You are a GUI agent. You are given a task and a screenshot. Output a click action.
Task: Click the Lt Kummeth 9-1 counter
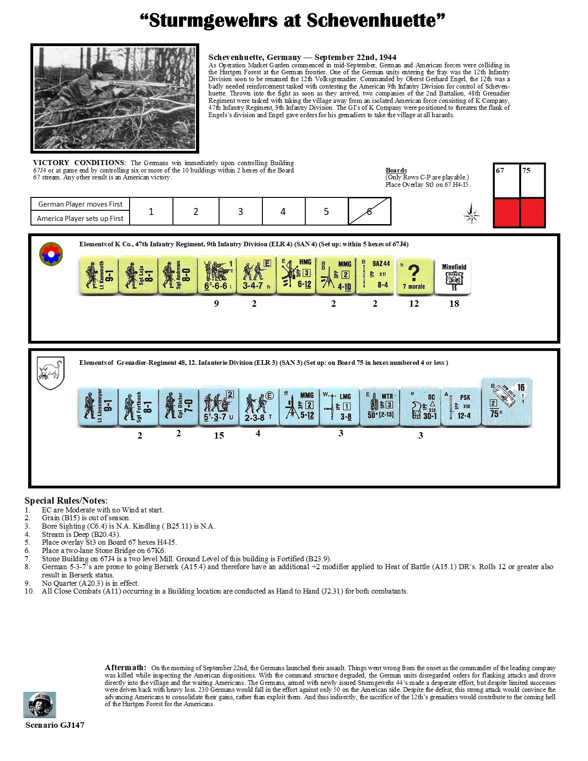pos(98,275)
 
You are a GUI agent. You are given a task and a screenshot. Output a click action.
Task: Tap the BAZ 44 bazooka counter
pos(375,275)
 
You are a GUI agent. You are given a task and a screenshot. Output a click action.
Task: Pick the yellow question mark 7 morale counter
pos(414,276)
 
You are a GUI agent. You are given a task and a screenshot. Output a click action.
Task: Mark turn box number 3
pos(240,212)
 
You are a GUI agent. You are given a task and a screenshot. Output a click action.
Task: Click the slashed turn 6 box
pos(369,212)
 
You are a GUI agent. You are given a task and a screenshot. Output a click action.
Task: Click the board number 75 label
pos(526,171)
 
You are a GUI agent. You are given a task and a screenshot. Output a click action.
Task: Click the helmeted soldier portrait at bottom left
pos(40,705)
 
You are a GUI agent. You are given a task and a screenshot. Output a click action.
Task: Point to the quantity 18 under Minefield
pos(454,303)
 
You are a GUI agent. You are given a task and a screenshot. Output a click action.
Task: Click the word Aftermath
pos(125,667)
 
